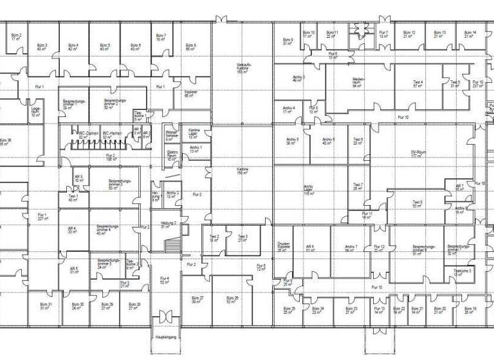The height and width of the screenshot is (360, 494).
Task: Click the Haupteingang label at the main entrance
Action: [x=165, y=337]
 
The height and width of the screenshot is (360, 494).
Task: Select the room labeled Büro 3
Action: [x=42, y=47]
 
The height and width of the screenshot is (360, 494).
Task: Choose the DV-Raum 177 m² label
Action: [x=419, y=154]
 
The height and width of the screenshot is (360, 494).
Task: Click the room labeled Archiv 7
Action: [x=351, y=248]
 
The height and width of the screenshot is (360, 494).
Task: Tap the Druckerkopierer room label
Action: [x=284, y=247]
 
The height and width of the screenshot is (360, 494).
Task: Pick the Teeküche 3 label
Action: [x=462, y=272]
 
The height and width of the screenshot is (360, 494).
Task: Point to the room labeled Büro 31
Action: [x=46, y=305]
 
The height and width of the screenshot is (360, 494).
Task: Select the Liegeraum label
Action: [x=36, y=112]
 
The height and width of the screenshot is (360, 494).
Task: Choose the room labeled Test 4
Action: [x=418, y=84]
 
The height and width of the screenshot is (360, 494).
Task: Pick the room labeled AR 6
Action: [x=310, y=248]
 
